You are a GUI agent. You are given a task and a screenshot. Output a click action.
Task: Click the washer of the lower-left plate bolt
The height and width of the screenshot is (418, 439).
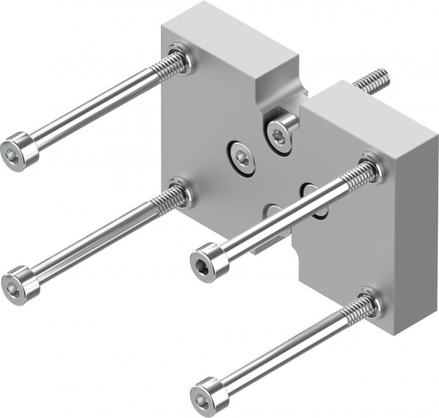point(181,193)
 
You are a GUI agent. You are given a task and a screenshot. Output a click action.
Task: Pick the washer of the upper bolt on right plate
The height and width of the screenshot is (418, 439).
point(372,169)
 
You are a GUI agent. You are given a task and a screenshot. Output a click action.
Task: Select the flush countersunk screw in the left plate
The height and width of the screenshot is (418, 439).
point(241,156)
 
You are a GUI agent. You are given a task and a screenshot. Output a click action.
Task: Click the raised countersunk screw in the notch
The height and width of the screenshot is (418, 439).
point(280,134)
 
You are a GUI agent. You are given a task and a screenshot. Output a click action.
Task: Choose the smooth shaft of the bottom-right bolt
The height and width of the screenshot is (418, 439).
point(278,354)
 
